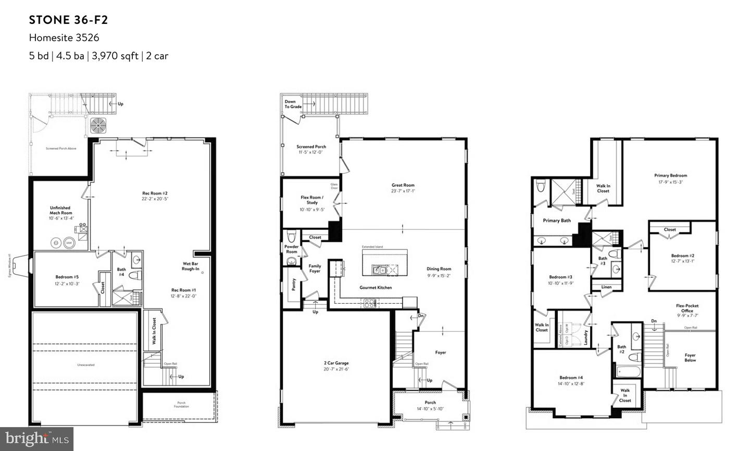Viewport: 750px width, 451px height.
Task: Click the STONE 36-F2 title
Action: pyautogui.click(x=68, y=20)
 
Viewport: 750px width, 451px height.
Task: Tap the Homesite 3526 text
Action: pyautogui.click(x=64, y=37)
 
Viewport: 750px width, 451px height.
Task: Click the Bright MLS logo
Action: pyautogui.click(x=36, y=439)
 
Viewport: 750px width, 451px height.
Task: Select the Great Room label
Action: pyautogui.click(x=403, y=185)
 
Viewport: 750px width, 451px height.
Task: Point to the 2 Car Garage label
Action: pyautogui.click(x=335, y=363)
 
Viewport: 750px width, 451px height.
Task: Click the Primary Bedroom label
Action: pyautogui.click(x=670, y=176)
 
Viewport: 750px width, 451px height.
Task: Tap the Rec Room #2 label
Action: pyautogui.click(x=155, y=194)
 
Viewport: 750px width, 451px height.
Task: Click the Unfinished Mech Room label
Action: pyautogui.click(x=60, y=210)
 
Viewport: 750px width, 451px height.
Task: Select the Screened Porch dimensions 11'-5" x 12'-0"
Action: pyautogui.click(x=311, y=152)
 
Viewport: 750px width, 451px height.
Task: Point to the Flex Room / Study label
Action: pyautogui.click(x=312, y=200)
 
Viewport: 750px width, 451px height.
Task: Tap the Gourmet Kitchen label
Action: pyautogui.click(x=376, y=288)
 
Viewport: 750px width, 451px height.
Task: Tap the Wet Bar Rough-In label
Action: pyautogui.click(x=190, y=266)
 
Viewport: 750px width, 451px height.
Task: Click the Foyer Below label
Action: pyautogui.click(x=690, y=358)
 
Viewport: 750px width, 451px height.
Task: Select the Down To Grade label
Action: pyautogui.click(x=293, y=104)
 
